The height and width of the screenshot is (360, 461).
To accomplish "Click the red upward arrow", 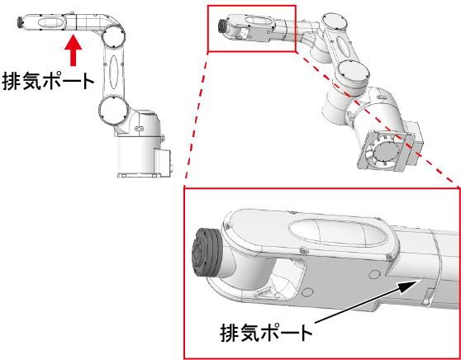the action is [73, 50].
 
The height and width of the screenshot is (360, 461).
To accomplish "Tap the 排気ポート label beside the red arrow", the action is [48, 81].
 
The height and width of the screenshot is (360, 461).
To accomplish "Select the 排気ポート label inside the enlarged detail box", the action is [266, 333].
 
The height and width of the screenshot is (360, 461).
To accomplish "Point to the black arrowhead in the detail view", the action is [409, 286].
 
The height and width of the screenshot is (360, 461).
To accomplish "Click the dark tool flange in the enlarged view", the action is [207, 252].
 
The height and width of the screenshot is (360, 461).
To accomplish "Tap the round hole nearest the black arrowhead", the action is [374, 275].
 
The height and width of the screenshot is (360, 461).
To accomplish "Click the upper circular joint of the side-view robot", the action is [114, 36].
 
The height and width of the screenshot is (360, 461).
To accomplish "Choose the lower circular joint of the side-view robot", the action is [113, 111].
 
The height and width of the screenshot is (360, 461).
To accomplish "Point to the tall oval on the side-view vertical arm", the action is [114, 71].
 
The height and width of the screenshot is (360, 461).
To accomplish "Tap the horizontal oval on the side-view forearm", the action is [50, 22].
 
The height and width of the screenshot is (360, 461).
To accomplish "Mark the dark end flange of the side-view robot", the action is [21, 22].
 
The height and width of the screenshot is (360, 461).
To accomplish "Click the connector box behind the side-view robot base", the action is [164, 163].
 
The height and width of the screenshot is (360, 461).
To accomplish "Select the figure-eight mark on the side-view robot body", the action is [139, 129].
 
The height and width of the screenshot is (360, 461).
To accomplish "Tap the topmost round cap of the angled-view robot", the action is [335, 22].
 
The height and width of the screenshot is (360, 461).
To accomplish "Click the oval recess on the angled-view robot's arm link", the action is [342, 46].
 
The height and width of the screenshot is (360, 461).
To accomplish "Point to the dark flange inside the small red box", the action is [222, 26].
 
